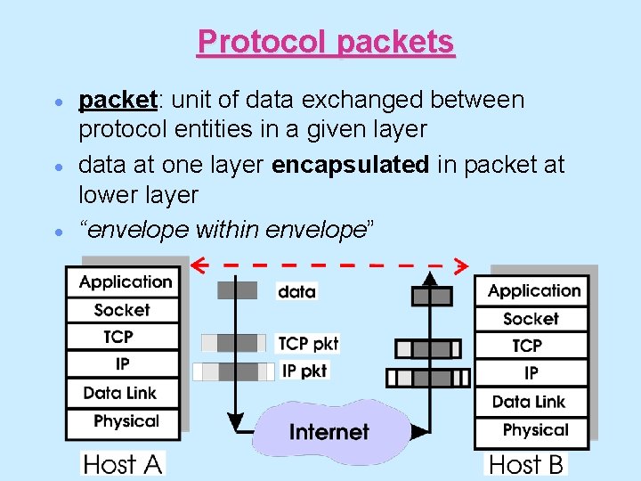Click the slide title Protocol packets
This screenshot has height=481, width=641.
pos(326,42)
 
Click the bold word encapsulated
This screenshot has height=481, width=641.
pos(353,165)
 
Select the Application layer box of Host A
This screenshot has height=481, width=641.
pos(125,282)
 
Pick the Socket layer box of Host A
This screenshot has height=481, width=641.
pos(123,310)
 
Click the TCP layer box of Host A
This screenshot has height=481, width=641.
pos(119,337)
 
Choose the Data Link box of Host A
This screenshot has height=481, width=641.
pos(120,393)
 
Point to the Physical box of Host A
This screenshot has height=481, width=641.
pos(126,421)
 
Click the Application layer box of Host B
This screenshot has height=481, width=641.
pos(533,291)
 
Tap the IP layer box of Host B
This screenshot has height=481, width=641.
pos(531,373)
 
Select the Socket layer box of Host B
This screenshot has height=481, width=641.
pos(531,319)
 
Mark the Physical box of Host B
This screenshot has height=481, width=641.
pos(535,430)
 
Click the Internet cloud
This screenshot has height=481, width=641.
pos(328,432)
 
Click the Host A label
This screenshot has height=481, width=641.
pos(124,464)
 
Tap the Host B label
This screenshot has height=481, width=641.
pos(526,464)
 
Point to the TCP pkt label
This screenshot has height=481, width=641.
pos(307,344)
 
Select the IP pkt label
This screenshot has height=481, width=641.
pos(304,371)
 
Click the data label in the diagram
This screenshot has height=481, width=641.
pos(296,291)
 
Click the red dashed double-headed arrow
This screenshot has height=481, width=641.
pos(330,265)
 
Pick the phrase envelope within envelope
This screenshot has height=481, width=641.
pos(226,230)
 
